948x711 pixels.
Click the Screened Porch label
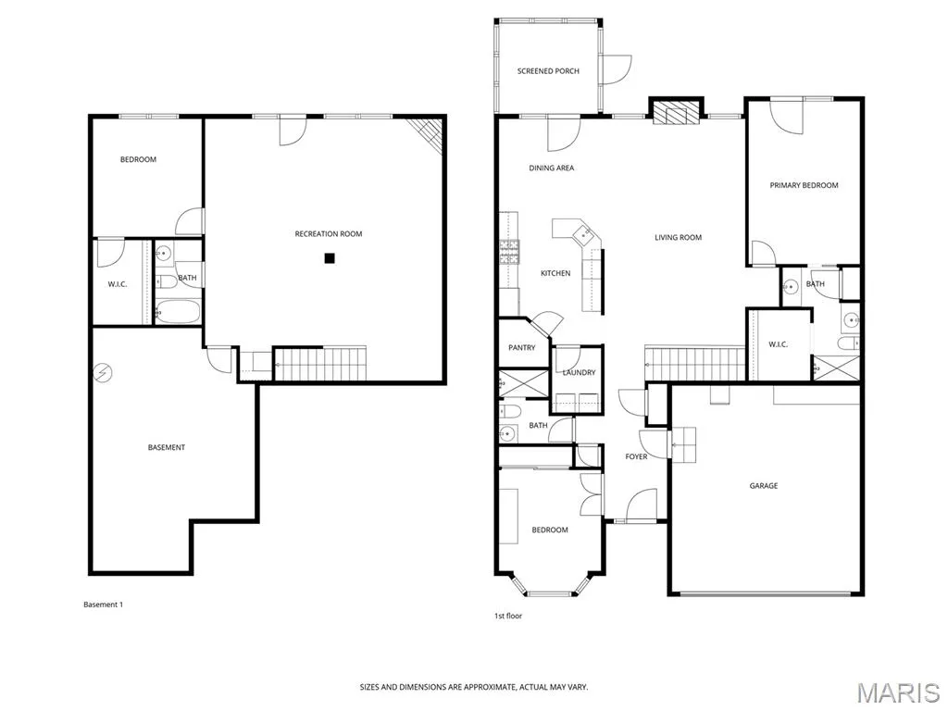pyautogui.click(x=548, y=71)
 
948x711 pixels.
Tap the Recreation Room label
pyautogui.click(x=329, y=234)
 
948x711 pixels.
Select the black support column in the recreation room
pyautogui.click(x=329, y=259)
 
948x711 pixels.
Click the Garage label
pyautogui.click(x=764, y=485)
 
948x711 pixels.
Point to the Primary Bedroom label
pyautogui.click(x=804, y=185)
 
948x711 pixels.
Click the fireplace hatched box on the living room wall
pyautogui.click(x=677, y=112)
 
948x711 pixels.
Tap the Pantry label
pyautogui.click(x=522, y=348)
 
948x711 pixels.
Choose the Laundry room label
pyautogui.click(x=580, y=372)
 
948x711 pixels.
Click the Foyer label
pyautogui.click(x=636, y=456)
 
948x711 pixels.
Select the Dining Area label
pyautogui.click(x=552, y=168)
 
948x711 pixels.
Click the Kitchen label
pyautogui.click(x=555, y=273)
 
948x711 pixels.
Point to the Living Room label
pyautogui.click(x=678, y=238)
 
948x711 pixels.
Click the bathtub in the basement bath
pyautogui.click(x=178, y=312)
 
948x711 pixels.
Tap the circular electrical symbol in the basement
pyautogui.click(x=103, y=374)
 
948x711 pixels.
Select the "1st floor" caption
pyautogui.click(x=508, y=616)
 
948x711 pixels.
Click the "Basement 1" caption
pyautogui.click(x=103, y=605)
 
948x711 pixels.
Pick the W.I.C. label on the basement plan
pyautogui.click(x=118, y=284)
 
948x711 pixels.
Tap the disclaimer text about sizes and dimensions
pyautogui.click(x=473, y=687)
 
